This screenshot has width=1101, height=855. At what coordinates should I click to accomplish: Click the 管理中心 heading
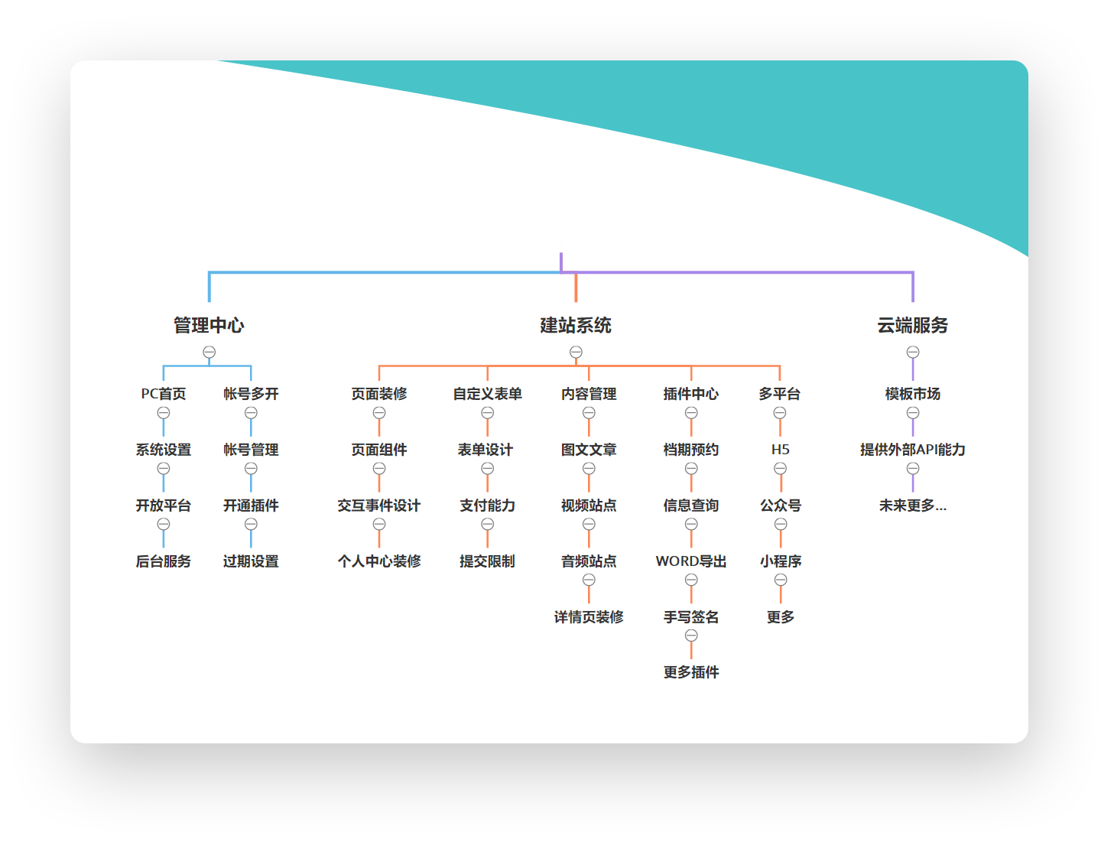pyautogui.click(x=208, y=324)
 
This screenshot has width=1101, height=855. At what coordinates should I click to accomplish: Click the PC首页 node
pyautogui.click(x=163, y=393)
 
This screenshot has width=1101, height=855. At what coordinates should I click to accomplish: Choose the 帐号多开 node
pyautogui.click(x=250, y=393)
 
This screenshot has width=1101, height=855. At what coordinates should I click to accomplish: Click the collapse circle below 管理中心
pyautogui.click(x=209, y=351)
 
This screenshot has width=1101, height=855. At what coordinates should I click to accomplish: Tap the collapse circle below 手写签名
pyautogui.click(x=690, y=634)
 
